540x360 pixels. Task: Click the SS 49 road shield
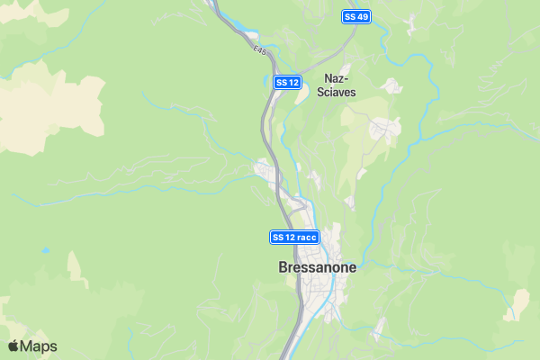[355, 17]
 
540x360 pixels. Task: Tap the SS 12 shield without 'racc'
[286, 83]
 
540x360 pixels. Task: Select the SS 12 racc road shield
[294, 237]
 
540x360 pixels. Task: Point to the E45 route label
[259, 51]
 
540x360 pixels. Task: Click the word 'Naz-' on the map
[337, 78]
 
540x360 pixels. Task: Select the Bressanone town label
[317, 267]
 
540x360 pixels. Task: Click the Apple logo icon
[13, 346]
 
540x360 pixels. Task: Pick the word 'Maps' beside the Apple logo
[39, 346]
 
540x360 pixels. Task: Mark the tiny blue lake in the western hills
[46, 249]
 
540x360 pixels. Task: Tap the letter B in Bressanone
[283, 267]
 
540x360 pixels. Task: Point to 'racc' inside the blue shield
[306, 237]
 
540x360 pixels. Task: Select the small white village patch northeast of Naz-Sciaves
[390, 86]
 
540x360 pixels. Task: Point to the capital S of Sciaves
[322, 92]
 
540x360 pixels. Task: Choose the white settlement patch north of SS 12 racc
[265, 169]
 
